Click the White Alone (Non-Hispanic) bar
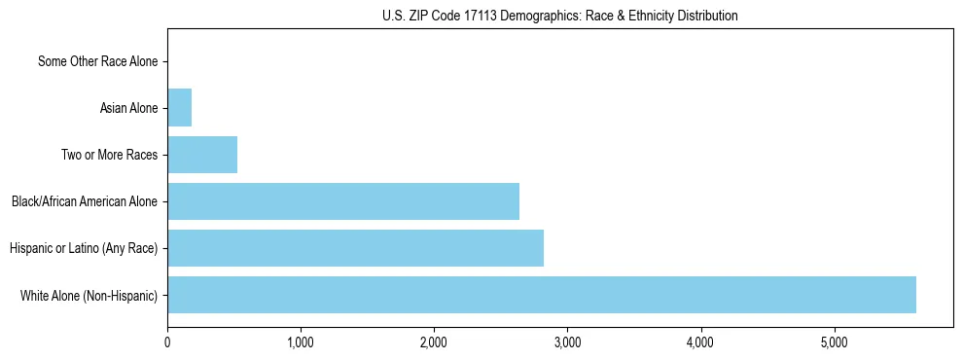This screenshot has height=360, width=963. tap(541, 295)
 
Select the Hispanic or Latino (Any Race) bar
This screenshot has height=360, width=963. tap(355, 248)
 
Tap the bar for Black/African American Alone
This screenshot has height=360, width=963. tap(342, 201)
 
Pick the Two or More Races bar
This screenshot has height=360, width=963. tap(202, 155)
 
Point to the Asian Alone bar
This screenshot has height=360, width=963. tap(179, 108)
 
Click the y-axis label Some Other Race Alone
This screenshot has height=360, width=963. tap(97, 61)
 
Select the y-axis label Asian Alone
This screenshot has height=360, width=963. tap(128, 108)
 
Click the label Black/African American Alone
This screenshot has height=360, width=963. tap(85, 201)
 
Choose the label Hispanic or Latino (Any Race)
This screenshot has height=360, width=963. tap(84, 248)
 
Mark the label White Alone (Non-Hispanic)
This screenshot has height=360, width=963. tap(89, 295)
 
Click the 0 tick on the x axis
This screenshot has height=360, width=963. tap(167, 342)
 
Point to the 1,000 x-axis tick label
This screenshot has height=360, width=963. tap(301, 342)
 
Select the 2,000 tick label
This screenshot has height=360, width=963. tap(434, 342)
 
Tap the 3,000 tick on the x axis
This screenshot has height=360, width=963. tap(567, 342)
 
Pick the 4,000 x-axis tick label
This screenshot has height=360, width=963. tap(700, 342)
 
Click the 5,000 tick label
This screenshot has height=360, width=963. tap(834, 342)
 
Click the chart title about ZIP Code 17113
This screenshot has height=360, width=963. tap(559, 16)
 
